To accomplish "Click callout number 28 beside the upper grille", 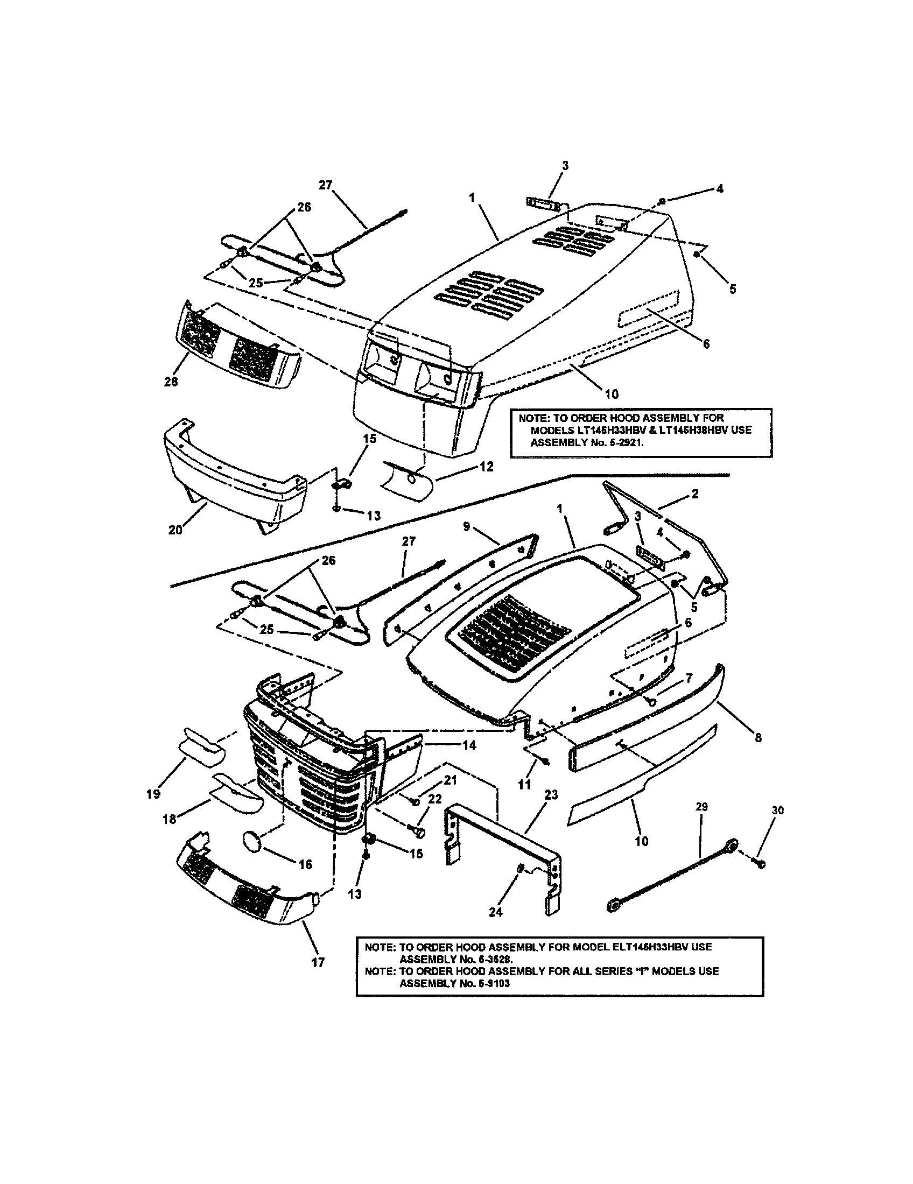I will click(171, 382).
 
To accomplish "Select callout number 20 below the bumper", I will click(175, 530).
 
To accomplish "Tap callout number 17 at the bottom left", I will click(318, 962).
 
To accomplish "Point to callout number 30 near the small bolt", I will click(777, 811).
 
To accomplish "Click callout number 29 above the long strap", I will click(701, 807).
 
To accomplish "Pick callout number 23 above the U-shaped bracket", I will click(551, 795).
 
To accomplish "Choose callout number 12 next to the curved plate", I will click(486, 466).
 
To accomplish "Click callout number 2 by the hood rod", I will click(694, 494).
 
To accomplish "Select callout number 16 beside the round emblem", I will click(305, 864).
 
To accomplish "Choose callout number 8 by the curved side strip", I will click(757, 737).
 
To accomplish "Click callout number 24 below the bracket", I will click(496, 912).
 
